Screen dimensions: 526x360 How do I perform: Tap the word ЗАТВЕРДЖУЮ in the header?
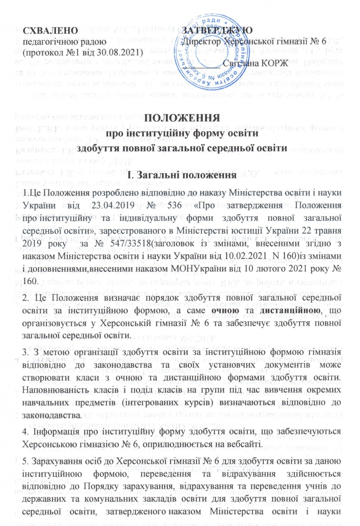tap(217, 30)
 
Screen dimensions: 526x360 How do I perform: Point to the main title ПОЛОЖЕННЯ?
tap(182, 119)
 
